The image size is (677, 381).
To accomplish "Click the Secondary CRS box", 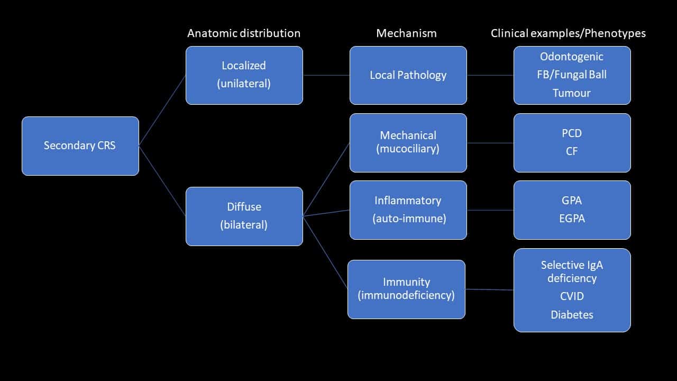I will [x=80, y=146].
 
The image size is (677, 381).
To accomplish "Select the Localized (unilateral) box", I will [x=244, y=75].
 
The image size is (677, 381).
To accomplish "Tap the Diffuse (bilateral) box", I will [x=244, y=216].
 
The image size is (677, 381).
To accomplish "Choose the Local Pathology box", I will [x=408, y=75].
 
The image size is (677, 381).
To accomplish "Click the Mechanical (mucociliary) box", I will [x=408, y=142].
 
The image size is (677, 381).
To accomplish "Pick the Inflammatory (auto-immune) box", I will [x=408, y=210].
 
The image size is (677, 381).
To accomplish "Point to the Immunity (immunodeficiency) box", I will [x=406, y=289].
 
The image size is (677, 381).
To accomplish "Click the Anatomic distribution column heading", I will [x=244, y=33].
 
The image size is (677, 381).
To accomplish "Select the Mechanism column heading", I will [x=406, y=33].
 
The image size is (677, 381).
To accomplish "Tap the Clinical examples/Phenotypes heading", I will [x=568, y=33].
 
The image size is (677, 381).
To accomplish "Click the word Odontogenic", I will [x=572, y=57].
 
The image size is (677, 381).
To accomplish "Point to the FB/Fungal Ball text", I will [x=572, y=75].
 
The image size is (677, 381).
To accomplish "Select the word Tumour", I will [x=572, y=93].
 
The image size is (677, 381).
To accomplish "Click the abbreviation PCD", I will [x=572, y=133].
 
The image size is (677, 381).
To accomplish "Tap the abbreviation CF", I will [x=572, y=151].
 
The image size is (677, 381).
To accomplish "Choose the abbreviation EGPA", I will [x=572, y=219].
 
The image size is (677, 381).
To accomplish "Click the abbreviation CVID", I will [x=572, y=296].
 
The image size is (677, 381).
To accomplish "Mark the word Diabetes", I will [x=572, y=315].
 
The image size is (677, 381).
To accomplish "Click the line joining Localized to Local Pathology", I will [x=326, y=75].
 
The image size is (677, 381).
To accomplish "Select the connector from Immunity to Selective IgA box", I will [x=489, y=289].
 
